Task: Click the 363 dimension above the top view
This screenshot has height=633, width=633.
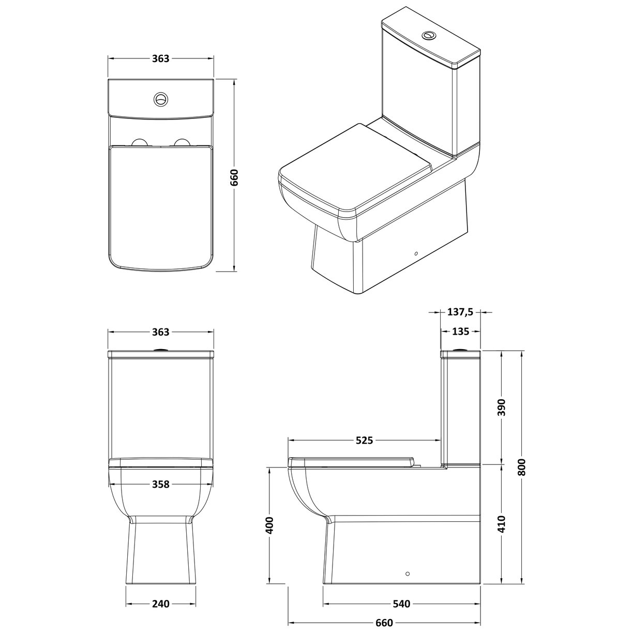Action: click(x=161, y=58)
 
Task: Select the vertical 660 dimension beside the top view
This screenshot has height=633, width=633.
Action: click(x=234, y=177)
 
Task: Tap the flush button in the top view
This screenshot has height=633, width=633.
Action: click(x=161, y=99)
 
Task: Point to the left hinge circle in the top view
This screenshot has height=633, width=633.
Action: click(x=140, y=143)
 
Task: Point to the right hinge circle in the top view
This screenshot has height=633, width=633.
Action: click(x=182, y=143)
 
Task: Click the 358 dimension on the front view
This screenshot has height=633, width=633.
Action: click(x=161, y=484)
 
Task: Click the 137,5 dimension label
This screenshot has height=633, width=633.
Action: click(x=460, y=312)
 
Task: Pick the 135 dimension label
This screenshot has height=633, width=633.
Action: click(x=460, y=331)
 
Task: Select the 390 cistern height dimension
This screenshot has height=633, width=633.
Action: click(x=502, y=408)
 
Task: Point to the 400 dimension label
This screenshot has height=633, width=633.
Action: click(x=269, y=525)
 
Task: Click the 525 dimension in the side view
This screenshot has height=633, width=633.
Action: click(x=364, y=441)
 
